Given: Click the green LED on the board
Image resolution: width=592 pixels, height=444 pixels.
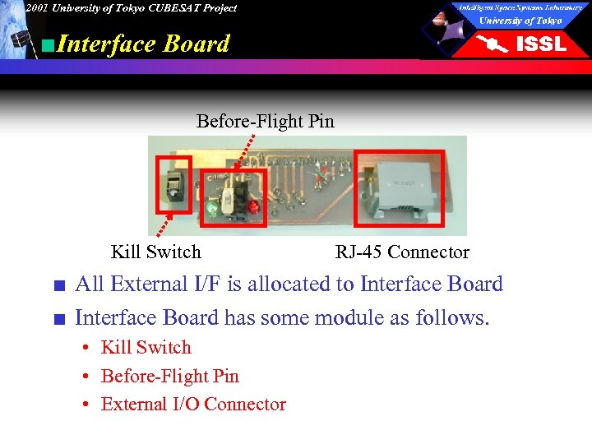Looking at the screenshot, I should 212,209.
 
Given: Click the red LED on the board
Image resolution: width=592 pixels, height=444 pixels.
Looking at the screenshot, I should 253,206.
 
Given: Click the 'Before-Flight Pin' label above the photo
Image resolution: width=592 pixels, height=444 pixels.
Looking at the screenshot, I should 265,122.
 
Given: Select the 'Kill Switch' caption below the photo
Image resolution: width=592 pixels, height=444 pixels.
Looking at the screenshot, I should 155,252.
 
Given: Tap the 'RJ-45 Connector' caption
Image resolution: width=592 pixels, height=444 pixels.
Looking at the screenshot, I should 402,252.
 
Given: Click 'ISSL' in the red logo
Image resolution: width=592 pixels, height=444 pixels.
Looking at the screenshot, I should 539,44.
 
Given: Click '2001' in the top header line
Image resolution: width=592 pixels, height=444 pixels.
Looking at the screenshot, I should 35,8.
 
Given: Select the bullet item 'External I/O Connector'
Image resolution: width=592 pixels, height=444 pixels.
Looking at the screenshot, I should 193,404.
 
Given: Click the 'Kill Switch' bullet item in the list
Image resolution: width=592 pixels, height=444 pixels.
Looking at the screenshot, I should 146,348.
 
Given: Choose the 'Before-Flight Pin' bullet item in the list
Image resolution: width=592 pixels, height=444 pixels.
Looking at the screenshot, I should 169,376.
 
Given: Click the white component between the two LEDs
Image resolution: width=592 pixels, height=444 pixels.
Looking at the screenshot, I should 228,197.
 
